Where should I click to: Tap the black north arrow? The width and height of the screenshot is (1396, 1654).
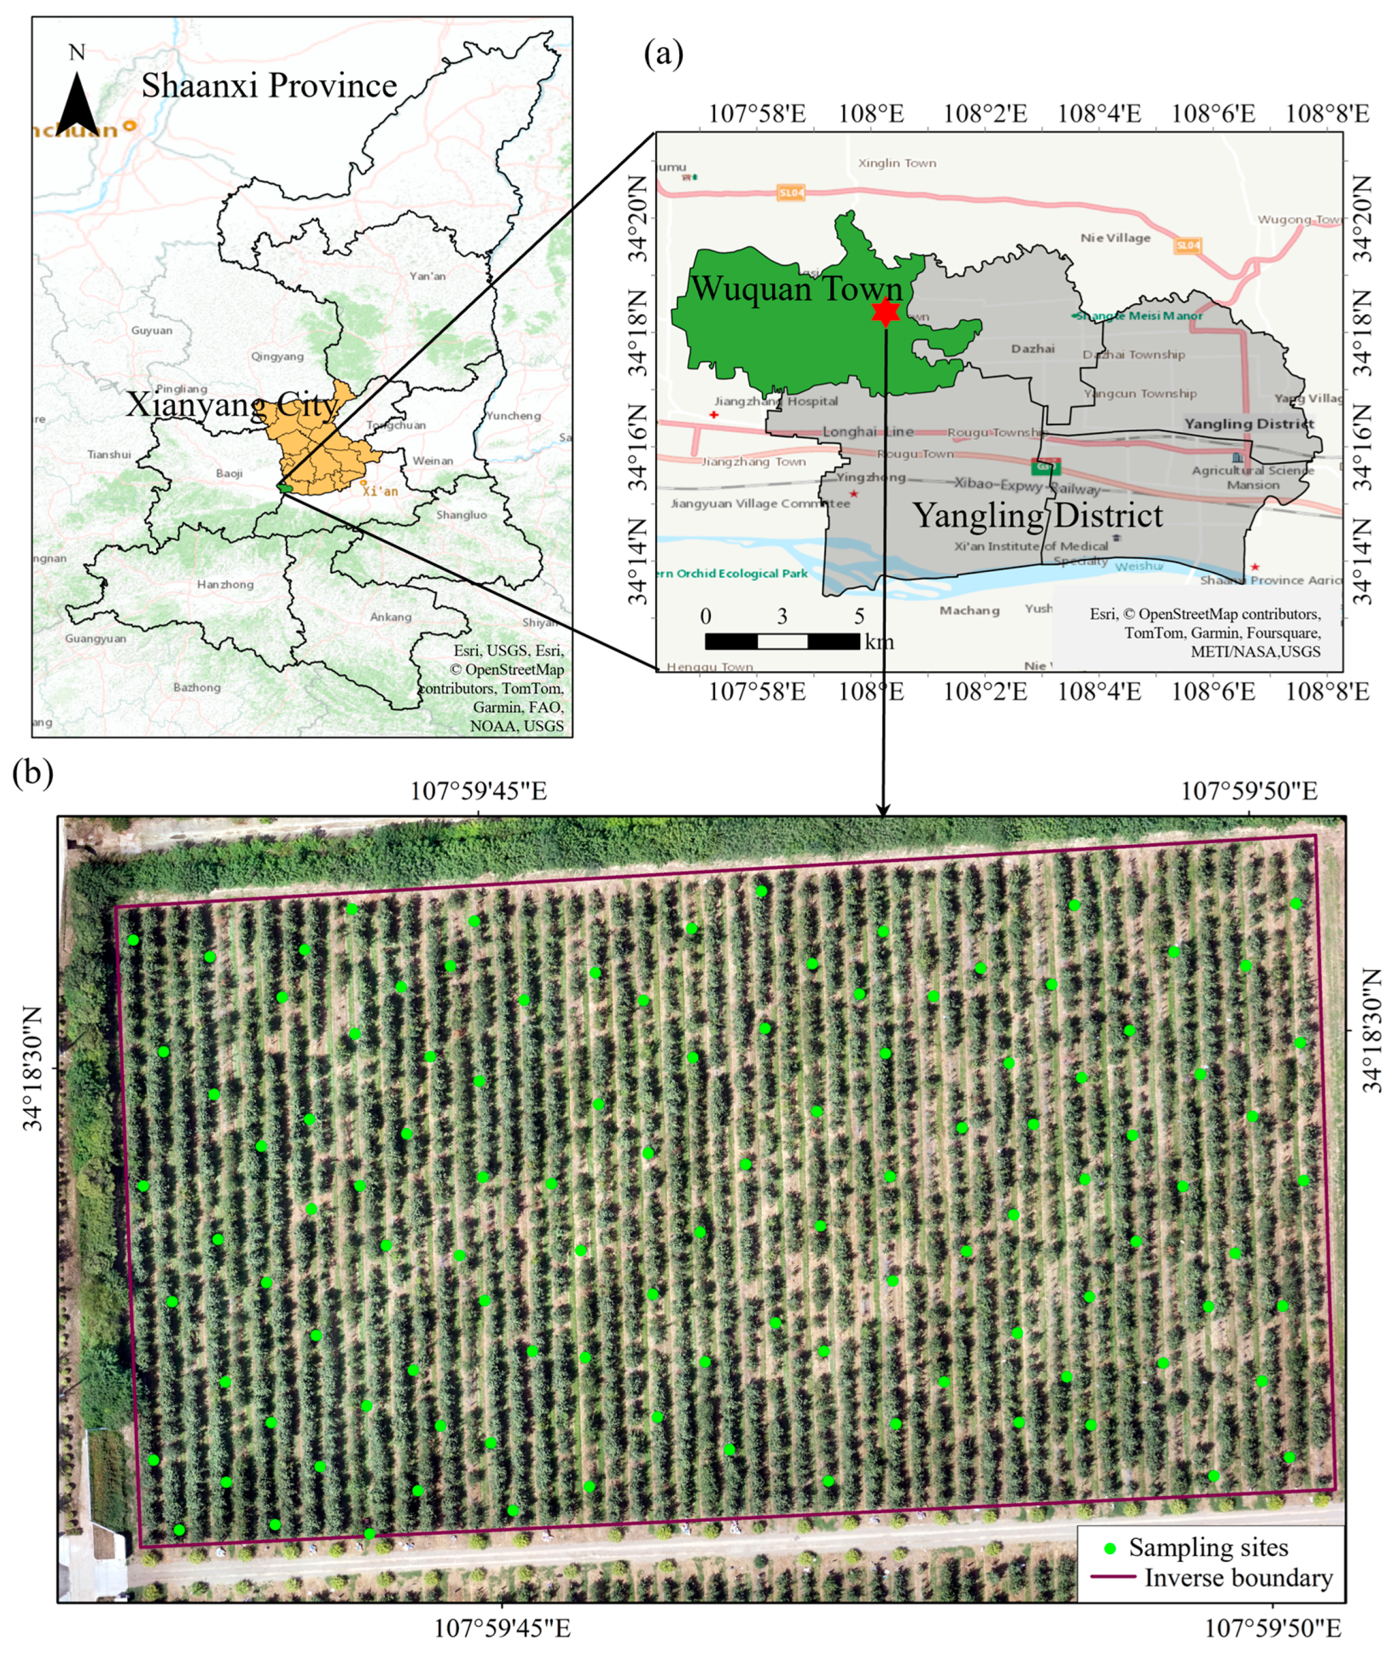[x=77, y=104]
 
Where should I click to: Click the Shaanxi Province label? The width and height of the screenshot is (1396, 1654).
[x=269, y=85]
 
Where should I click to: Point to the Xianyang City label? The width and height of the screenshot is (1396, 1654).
[x=232, y=405]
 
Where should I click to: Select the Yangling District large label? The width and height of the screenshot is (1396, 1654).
[x=1038, y=515]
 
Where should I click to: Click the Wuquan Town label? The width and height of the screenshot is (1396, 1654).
[x=797, y=289]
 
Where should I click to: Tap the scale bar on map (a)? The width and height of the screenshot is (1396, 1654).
[x=782, y=641]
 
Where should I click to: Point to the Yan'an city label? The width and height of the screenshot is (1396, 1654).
[x=427, y=276]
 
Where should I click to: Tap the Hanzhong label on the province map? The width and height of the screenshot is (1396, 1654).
[x=226, y=584]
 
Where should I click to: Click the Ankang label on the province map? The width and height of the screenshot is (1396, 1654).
[x=391, y=616]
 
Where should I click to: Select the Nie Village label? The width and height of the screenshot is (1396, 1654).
[x=1115, y=237]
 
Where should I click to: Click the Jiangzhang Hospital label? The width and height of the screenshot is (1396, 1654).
[x=775, y=401]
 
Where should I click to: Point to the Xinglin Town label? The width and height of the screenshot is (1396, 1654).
[x=897, y=163]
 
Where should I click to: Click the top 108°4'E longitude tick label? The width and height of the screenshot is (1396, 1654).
[x=1099, y=114]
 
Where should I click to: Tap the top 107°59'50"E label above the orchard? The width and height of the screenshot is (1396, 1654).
[x=1250, y=791]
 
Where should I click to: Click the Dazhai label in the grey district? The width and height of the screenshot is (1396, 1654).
[x=1033, y=348]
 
